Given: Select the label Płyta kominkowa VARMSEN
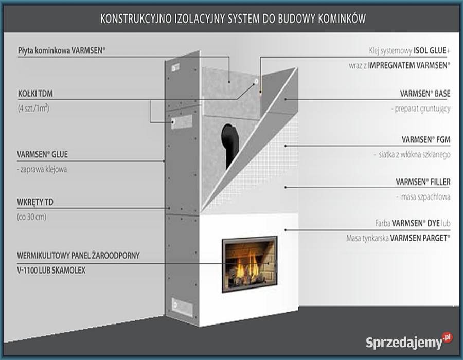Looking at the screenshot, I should [x=62, y=50].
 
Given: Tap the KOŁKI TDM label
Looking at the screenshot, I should [x=35, y=94].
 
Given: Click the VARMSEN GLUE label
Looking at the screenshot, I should [x=43, y=154].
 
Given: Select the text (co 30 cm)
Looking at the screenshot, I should [x=32, y=217].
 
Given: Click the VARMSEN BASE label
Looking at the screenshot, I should [x=425, y=94].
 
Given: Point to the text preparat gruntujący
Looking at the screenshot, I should [x=421, y=109].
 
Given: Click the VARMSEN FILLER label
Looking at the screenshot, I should [x=423, y=182].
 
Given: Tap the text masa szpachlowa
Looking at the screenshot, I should [x=423, y=196].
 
